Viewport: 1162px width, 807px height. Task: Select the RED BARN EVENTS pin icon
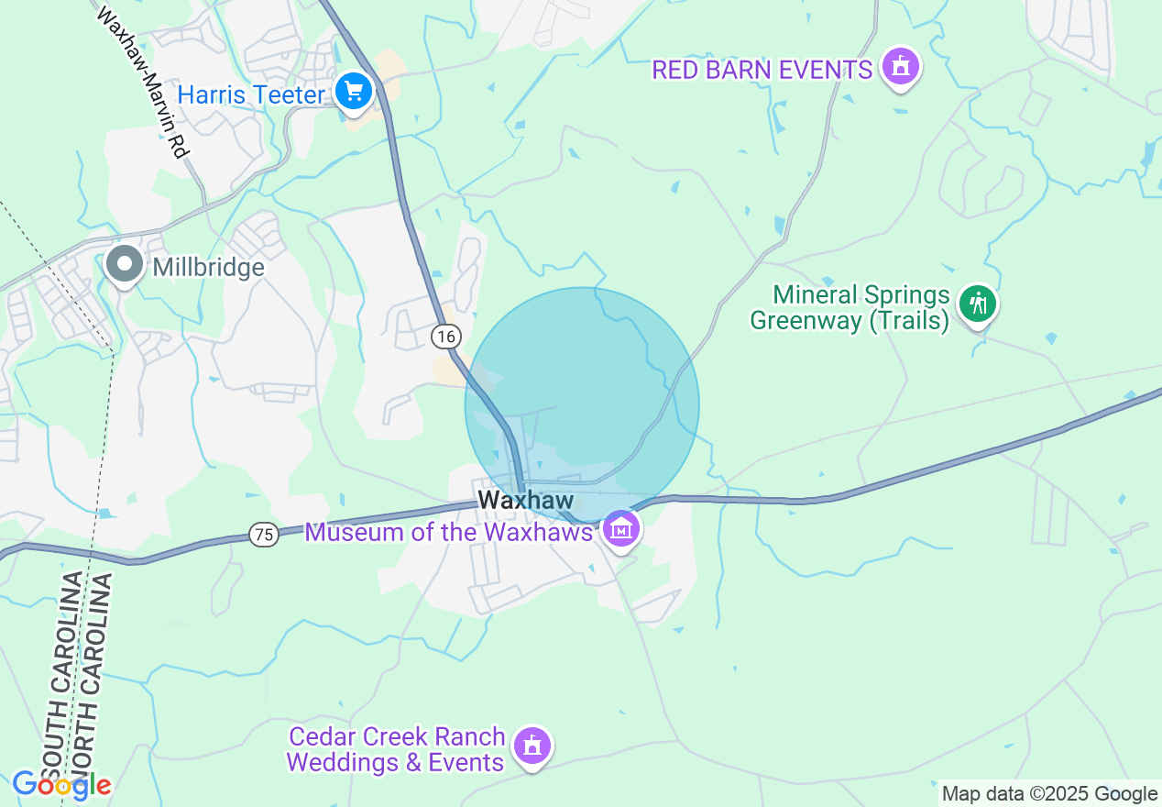[900, 67]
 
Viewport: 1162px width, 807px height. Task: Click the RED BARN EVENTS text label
[762, 70]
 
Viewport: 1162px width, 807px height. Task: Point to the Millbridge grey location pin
[124, 265]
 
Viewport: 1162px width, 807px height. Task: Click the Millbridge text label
[208, 268]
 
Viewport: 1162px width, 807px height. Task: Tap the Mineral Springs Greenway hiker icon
[978, 303]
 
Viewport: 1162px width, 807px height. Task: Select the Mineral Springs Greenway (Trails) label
[850, 308]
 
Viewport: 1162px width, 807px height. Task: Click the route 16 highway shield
[445, 337]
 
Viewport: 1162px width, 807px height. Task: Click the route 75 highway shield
[264, 535]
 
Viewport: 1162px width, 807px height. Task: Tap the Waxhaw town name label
[526, 501]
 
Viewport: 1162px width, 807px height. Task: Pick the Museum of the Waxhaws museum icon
[621, 529]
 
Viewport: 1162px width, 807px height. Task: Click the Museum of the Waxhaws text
[448, 532]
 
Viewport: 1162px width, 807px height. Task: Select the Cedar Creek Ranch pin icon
[532, 746]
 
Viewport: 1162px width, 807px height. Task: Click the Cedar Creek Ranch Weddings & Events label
[396, 749]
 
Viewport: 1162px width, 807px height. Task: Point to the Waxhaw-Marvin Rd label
[141, 83]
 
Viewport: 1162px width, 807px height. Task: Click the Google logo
[61, 785]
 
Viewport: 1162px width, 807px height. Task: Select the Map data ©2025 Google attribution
[1050, 794]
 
